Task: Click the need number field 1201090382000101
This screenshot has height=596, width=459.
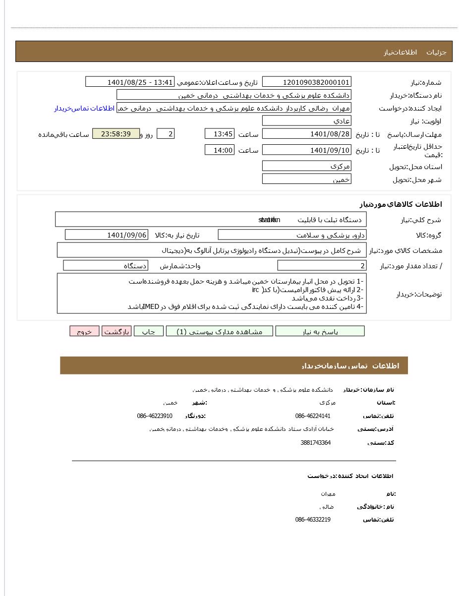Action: click(306, 82)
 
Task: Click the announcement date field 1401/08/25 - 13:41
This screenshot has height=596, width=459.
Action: click(130, 82)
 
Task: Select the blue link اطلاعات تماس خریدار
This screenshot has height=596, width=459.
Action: click(84, 108)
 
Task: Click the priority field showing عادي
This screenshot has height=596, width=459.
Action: click(306, 120)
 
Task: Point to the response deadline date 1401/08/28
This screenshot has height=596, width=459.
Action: click(306, 134)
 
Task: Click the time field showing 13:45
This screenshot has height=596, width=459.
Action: click(219, 134)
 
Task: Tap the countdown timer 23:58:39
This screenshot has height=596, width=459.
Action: click(116, 134)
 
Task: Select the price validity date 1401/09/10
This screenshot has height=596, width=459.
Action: click(306, 150)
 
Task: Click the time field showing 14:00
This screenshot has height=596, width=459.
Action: click(219, 150)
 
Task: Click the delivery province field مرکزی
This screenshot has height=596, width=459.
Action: click(306, 166)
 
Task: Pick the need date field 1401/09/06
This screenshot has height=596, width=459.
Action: click(106, 235)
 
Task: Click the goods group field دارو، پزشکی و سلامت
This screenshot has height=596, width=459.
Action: click(292, 235)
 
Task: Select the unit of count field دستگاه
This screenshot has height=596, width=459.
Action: click(106, 266)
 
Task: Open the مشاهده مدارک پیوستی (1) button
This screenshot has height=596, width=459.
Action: click(219, 331)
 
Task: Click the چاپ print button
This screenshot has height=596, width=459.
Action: click(149, 331)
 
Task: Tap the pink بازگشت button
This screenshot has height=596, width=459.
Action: click(116, 331)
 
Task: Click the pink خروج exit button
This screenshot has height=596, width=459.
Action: click(84, 331)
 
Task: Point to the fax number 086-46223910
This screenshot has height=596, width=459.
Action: click(155, 416)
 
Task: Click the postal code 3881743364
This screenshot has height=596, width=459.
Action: click(315, 443)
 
